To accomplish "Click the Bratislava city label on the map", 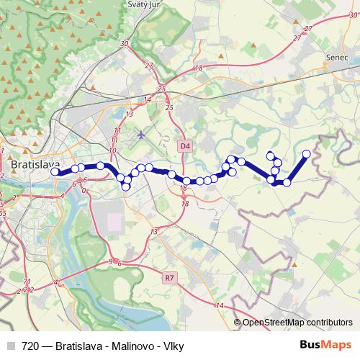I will coord(35,165).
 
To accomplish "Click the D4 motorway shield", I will coord(186,146).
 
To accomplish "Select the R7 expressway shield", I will coord(169,276).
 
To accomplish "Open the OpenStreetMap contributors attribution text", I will coord(297,323).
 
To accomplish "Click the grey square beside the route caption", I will coord(11,346).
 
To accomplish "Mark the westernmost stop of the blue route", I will coord(55,171).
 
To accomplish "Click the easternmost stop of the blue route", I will coord(307,153).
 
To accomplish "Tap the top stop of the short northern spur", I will coord(271,154).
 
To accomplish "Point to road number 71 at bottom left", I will coord(27,282).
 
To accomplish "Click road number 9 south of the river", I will coord(110,261).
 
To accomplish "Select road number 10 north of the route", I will coord(113,150).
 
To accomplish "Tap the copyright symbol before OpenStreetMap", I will coord(237,323).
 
